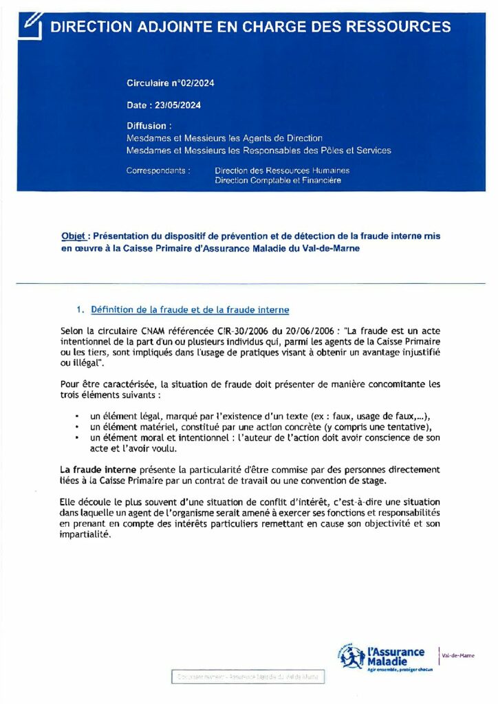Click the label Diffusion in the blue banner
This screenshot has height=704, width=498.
[x=147, y=126]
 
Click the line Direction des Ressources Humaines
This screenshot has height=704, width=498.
[x=282, y=170]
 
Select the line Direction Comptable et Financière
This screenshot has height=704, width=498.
[x=277, y=181]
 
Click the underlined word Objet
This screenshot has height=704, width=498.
[x=74, y=236]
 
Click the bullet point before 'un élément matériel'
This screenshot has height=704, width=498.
[x=77, y=428]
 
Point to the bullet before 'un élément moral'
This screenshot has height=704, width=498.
[x=77, y=438]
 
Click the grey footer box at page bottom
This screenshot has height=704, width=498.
[x=248, y=676]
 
